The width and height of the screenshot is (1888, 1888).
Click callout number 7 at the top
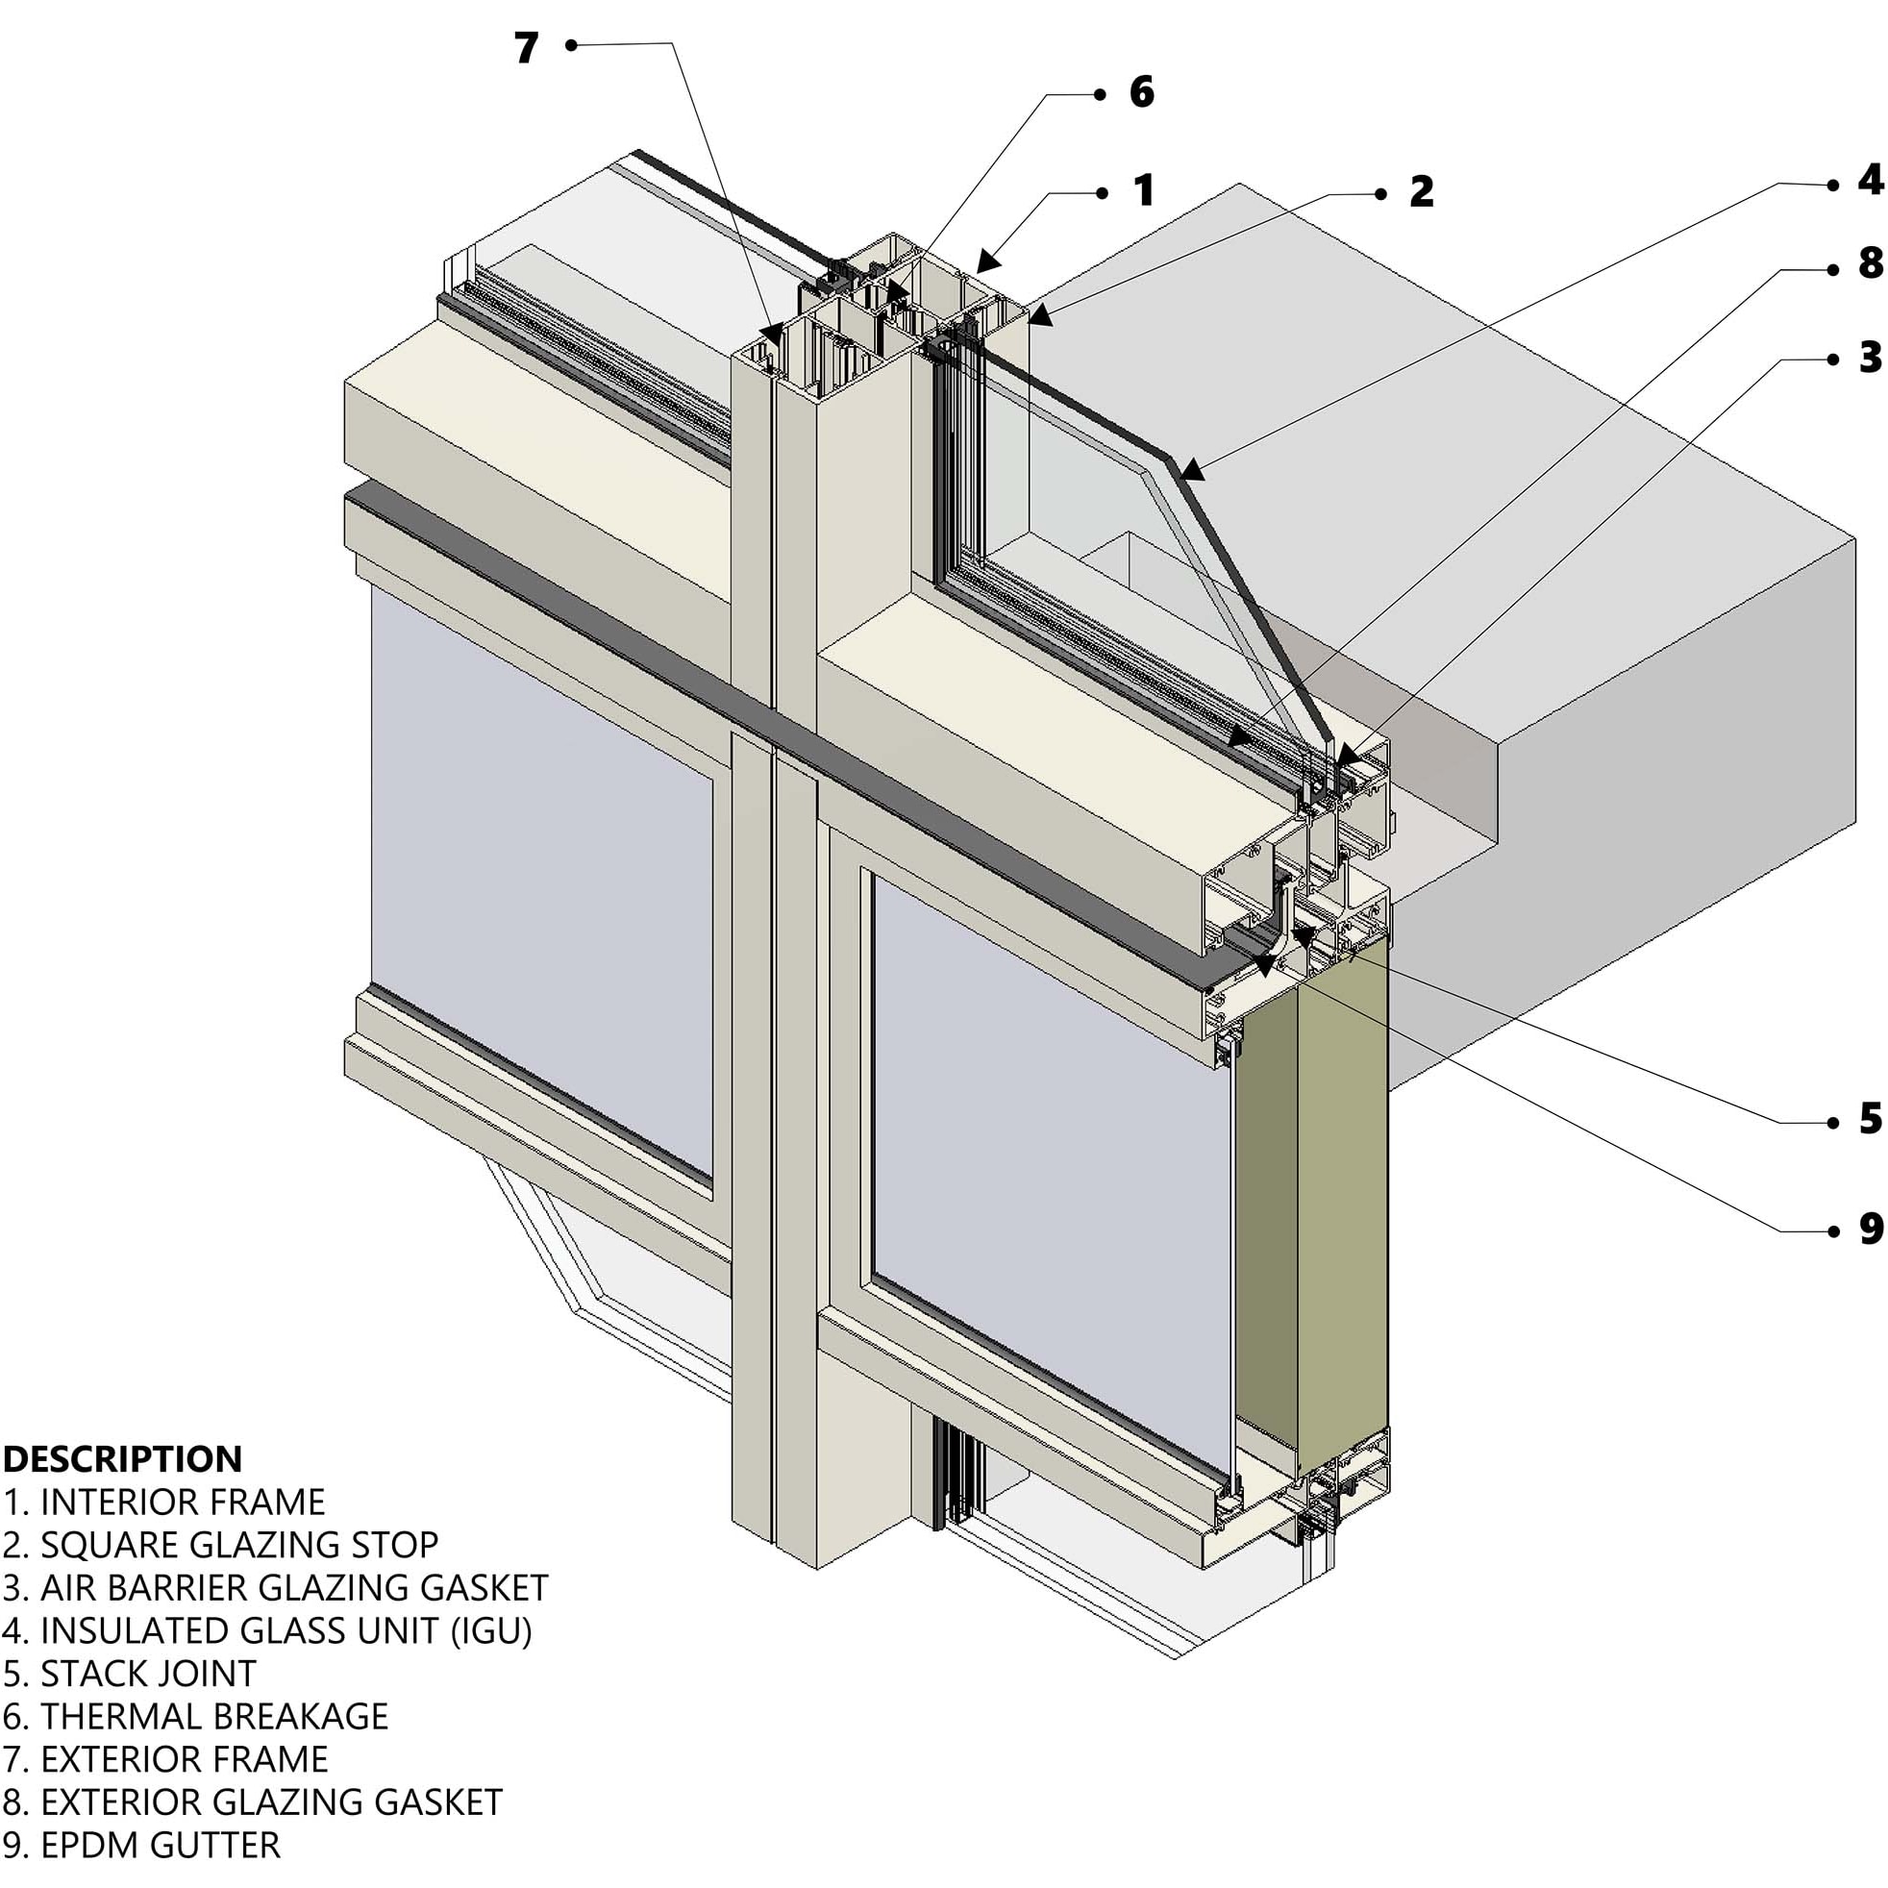[527, 48]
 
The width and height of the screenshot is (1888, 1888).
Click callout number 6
[1141, 92]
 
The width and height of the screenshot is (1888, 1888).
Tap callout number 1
[1144, 190]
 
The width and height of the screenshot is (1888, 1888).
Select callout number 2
[1421, 191]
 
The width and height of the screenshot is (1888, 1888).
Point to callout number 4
[1871, 180]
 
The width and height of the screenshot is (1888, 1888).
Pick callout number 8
[1871, 262]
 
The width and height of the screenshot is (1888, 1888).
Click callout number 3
[1871, 358]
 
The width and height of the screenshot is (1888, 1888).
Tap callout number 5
[1871, 1119]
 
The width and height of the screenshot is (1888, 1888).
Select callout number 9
[1871, 1230]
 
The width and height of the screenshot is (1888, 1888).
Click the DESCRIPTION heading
[123, 1459]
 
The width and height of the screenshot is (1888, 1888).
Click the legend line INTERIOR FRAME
[164, 1502]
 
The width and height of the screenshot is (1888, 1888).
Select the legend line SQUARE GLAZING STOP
[221, 1545]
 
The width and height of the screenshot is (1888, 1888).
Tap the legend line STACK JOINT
[130, 1674]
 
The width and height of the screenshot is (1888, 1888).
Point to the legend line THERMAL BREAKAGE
[196, 1717]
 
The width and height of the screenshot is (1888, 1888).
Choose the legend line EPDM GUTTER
[141, 1846]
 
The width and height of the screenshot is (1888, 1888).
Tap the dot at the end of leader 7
[572, 45]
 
